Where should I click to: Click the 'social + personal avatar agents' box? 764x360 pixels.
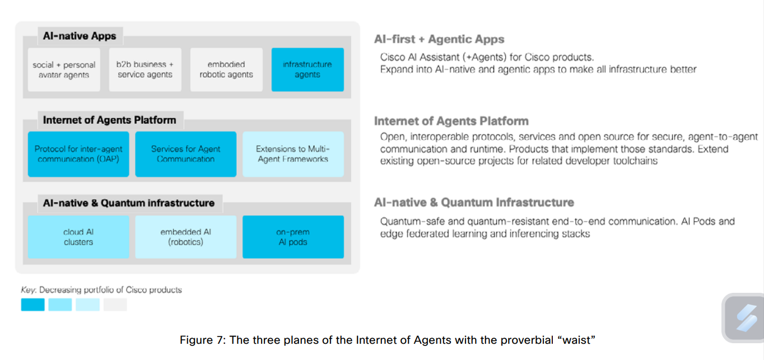pyautogui.click(x=64, y=70)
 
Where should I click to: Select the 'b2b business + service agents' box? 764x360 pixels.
pyautogui.click(x=145, y=70)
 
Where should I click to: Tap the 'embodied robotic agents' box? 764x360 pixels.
pyautogui.click(x=226, y=70)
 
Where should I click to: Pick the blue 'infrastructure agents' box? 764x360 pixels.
pyautogui.click(x=308, y=70)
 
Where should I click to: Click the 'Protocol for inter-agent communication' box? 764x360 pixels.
pyautogui.click(x=78, y=154)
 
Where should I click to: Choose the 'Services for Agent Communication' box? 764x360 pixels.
pyautogui.click(x=185, y=154)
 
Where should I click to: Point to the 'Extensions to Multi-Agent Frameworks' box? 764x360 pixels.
pyautogui.click(x=293, y=154)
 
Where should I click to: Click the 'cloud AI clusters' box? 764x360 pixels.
pyautogui.click(x=78, y=237)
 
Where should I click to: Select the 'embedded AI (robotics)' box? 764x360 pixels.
pyautogui.click(x=185, y=237)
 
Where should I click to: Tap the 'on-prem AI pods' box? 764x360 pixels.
pyautogui.click(x=293, y=237)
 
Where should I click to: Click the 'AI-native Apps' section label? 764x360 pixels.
pyautogui.click(x=80, y=36)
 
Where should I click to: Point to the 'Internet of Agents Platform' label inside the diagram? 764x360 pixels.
pyautogui.click(x=109, y=120)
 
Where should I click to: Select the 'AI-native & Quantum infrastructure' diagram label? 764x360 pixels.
pyautogui.click(x=128, y=203)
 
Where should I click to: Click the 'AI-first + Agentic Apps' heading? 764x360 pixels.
pyautogui.click(x=439, y=39)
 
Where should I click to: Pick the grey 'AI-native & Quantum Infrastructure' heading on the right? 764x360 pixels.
pyautogui.click(x=474, y=202)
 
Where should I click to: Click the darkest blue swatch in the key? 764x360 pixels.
pyautogui.click(x=32, y=305)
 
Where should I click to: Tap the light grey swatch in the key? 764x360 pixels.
pyautogui.click(x=115, y=305)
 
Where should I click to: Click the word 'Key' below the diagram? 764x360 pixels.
pyautogui.click(x=28, y=290)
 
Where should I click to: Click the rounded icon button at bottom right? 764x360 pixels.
pyautogui.click(x=743, y=317)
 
